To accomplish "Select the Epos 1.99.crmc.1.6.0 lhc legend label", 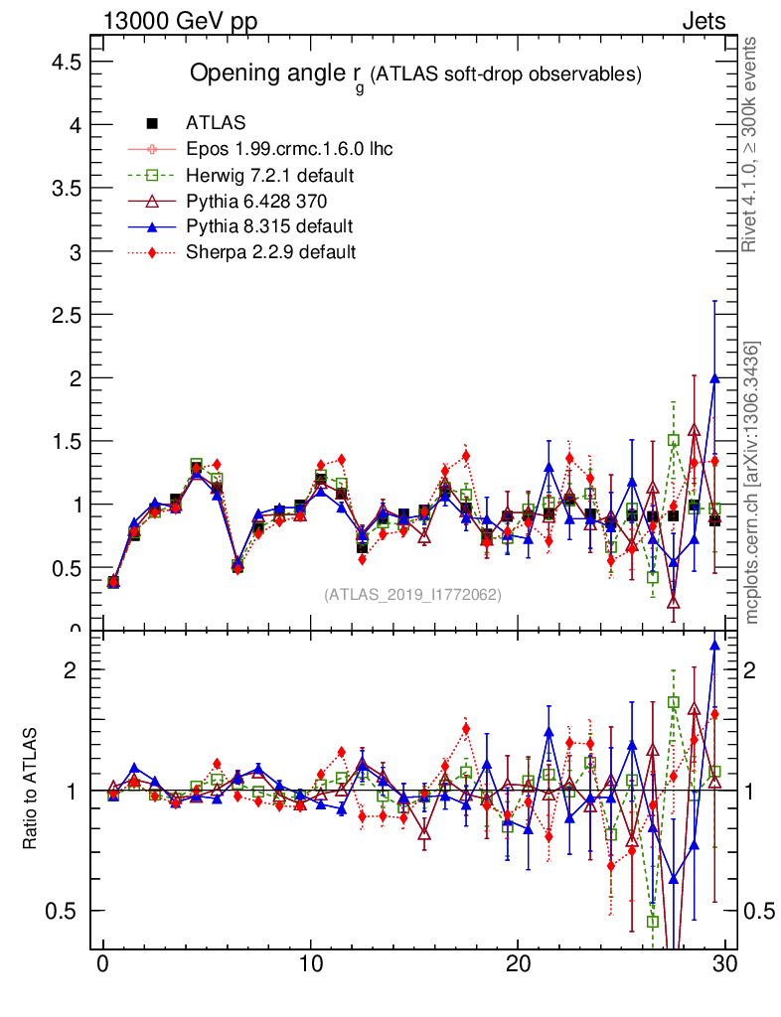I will click(289, 149).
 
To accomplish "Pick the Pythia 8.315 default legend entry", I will click(269, 226).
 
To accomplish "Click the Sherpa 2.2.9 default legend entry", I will click(270, 252).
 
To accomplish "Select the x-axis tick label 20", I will click(518, 964).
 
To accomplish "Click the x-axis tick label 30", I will click(725, 964).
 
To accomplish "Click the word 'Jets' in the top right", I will click(703, 21).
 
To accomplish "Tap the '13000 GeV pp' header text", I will click(179, 21).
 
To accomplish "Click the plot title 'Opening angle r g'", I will click(277, 74).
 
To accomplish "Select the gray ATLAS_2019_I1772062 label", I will click(412, 595).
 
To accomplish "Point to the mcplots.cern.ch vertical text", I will click(752, 482).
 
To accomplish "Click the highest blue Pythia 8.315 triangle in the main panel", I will click(714, 378).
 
